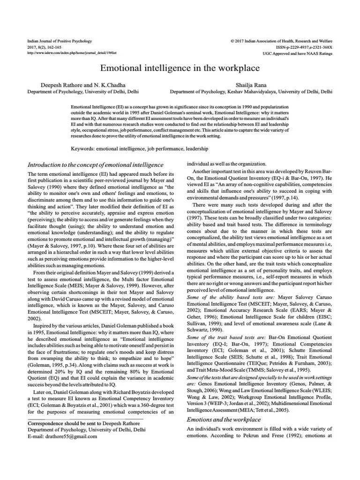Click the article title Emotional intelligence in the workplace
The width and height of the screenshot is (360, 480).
point(180,68)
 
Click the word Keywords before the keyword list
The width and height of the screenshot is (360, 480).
point(82,148)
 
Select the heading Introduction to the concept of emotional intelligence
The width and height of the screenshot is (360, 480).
point(96,165)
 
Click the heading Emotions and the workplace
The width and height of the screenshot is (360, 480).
point(224,419)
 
